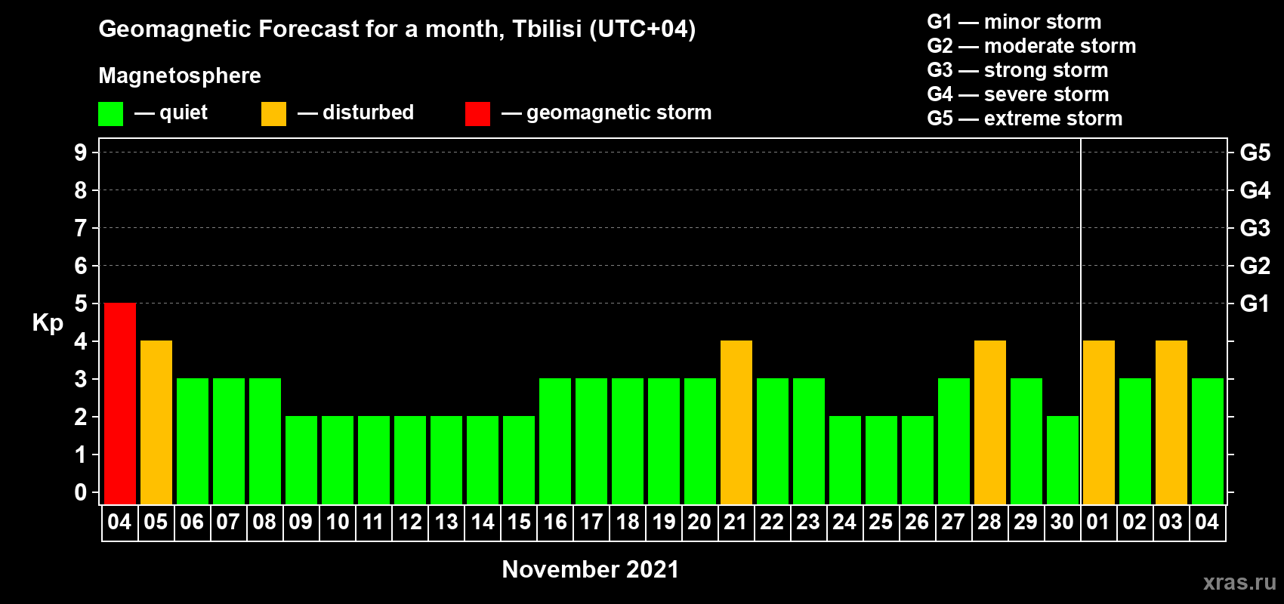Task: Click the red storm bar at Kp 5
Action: coord(120,403)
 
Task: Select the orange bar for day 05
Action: coord(156,422)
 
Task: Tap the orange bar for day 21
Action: coord(736,422)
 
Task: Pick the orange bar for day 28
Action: coord(990,422)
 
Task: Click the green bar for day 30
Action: coord(1063,460)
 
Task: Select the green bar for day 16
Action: coord(555,441)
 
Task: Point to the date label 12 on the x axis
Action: coord(410,522)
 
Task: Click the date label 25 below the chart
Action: coord(881,522)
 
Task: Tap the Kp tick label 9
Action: coord(80,153)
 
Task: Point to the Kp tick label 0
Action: coord(80,492)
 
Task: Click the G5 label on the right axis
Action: coord(1255,153)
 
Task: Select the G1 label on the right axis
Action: coord(1255,304)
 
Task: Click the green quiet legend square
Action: coord(110,113)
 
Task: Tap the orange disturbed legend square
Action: coord(273,113)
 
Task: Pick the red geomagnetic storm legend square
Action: coord(477,113)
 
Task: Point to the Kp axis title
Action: coord(48,324)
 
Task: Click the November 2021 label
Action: coord(591,569)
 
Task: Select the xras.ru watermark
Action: coord(1239,582)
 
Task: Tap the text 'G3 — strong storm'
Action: coord(1017,70)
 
